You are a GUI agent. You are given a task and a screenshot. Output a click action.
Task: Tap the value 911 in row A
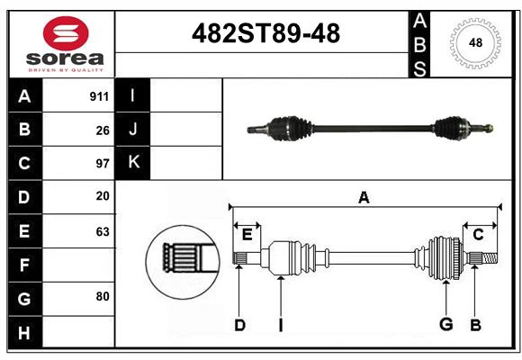[99, 96]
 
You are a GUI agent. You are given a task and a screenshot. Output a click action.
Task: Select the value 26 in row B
[102, 130]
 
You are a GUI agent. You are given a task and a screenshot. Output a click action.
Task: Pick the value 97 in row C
[102, 163]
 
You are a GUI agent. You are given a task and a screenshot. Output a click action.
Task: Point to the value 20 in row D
[102, 196]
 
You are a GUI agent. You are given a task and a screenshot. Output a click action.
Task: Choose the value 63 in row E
[102, 231]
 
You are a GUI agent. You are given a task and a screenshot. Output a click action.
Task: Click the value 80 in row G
[102, 296]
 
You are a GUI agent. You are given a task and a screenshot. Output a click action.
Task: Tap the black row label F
[24, 265]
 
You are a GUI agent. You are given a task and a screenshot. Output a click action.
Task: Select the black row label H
[24, 332]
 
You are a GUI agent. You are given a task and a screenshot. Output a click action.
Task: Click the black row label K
[134, 162]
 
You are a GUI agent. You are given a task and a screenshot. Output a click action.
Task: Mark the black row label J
[134, 129]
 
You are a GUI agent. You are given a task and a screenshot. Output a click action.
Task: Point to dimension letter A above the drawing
[364, 197]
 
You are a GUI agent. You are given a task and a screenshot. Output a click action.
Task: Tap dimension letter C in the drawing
[478, 235]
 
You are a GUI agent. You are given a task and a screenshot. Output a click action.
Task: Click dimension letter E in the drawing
[247, 235]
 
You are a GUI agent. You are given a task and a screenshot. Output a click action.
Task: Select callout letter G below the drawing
[445, 325]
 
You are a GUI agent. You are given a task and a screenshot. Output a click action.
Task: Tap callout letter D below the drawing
[239, 325]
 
